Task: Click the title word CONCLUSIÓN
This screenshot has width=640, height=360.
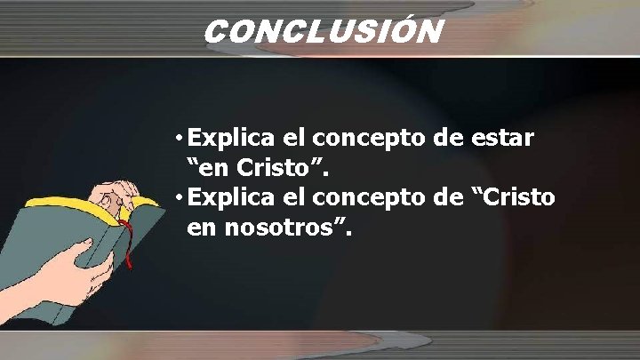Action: [323, 32]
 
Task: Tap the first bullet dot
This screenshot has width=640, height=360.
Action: [180, 140]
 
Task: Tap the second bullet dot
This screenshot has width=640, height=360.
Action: [180, 197]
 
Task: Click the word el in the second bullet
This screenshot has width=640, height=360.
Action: [292, 197]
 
